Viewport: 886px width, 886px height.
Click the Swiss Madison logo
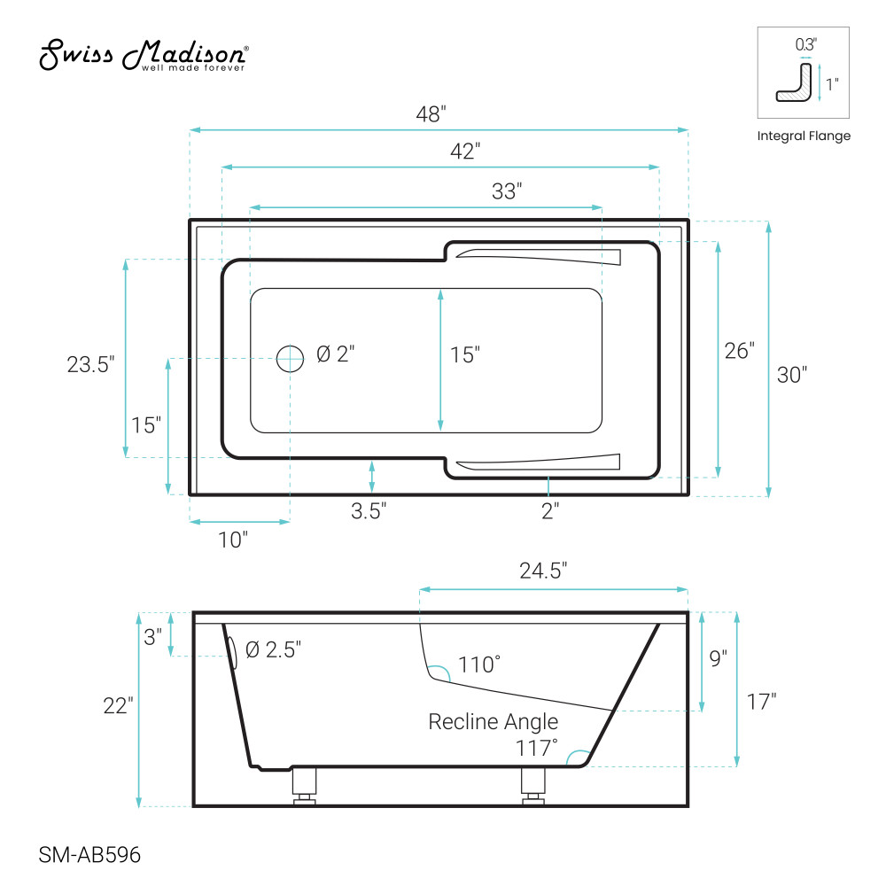tap(144, 55)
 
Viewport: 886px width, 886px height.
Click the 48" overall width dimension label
tap(431, 114)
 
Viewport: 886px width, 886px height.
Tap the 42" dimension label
tap(465, 151)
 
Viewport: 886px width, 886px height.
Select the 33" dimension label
tap(506, 191)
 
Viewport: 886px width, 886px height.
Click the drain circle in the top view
tap(290, 358)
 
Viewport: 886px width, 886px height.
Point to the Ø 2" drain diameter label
tap(336, 354)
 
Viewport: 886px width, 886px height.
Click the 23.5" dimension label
tap(90, 364)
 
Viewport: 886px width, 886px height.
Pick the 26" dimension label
tap(740, 351)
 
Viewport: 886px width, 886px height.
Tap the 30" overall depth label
tap(791, 375)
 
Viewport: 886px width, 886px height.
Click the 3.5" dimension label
tap(369, 511)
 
